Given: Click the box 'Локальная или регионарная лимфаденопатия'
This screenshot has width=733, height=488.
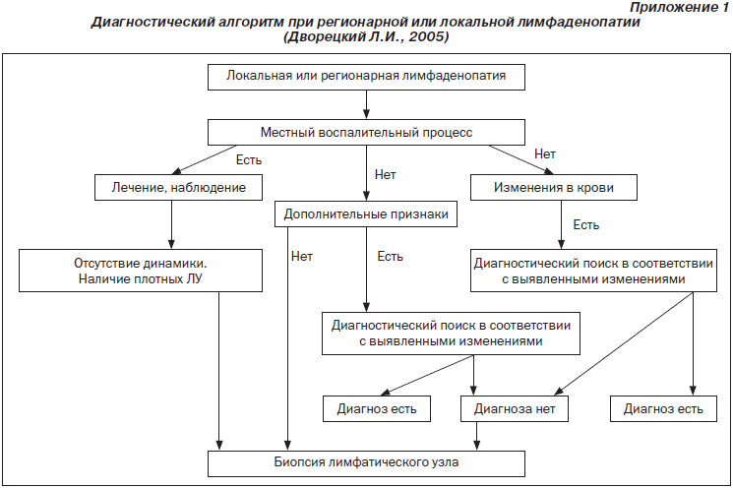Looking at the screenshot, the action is click(366, 77).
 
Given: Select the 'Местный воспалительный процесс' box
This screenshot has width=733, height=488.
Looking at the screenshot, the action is click(366, 132).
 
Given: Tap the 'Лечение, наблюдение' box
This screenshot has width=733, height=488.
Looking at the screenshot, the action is click(178, 188).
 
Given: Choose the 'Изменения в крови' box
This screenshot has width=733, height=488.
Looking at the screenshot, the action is click(554, 188).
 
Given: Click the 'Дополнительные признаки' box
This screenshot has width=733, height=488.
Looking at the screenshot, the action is click(366, 214).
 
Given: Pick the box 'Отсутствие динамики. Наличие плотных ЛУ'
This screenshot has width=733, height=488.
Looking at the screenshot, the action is click(141, 271).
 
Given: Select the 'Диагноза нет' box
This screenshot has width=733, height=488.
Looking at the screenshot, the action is click(515, 409).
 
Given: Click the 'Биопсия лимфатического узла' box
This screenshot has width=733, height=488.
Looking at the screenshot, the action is click(366, 463).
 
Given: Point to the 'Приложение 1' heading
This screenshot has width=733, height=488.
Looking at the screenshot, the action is click(679, 7).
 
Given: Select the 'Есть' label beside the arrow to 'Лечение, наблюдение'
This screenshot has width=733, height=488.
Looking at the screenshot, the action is click(249, 159).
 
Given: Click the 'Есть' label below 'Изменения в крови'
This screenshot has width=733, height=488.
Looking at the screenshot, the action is click(585, 225).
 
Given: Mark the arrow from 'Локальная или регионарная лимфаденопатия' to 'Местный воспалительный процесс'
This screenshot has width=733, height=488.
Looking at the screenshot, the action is click(366, 104).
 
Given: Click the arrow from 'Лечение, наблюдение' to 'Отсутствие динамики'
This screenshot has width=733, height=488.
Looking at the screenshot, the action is click(171, 225).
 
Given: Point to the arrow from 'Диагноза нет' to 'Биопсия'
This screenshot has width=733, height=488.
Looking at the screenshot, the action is click(477, 436).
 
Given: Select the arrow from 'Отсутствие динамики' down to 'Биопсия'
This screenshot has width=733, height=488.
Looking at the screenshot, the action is click(218, 371).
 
